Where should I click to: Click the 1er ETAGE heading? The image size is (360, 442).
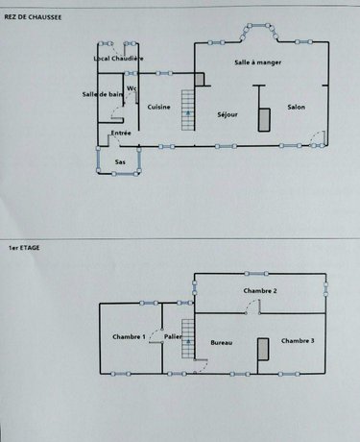pyautogui.click(x=19, y=247)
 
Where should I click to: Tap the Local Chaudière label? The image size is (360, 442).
pyautogui.click(x=118, y=59)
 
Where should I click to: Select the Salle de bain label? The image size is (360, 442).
pyautogui.click(x=102, y=93)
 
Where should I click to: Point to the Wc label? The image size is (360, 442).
pyautogui.click(x=132, y=89)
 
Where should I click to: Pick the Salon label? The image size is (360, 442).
pyautogui.click(x=297, y=107)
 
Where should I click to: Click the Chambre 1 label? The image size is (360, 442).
pyautogui.click(x=130, y=336)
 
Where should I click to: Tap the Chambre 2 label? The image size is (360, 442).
pyautogui.click(x=260, y=290)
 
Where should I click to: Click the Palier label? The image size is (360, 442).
pyautogui.click(x=173, y=336)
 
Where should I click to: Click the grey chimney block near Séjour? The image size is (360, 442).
pyautogui.click(x=262, y=118)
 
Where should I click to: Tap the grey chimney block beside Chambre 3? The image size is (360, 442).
pyautogui.click(x=261, y=348)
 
